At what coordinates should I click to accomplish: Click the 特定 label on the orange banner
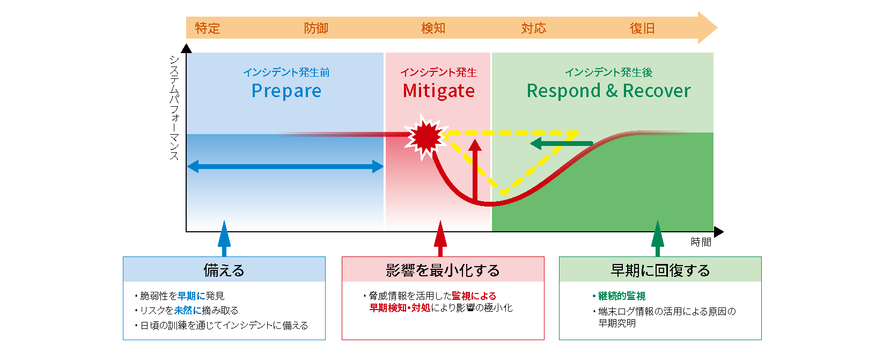(208, 28)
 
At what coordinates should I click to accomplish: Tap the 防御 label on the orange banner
(317, 28)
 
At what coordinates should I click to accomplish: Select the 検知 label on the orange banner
(433, 28)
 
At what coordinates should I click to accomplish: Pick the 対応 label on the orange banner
(534, 28)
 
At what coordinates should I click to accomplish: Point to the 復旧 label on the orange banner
(642, 28)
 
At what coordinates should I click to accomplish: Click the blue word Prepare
(286, 91)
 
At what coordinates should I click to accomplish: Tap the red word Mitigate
(439, 91)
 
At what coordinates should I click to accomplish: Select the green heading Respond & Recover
(609, 91)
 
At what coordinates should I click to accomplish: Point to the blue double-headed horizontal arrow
(285, 166)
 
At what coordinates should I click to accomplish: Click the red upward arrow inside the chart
(475, 170)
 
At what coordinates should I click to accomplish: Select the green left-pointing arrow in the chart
(562, 143)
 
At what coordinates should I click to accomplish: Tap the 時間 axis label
(701, 242)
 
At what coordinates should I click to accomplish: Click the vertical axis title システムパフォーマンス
(174, 108)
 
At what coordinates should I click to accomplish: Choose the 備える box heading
(224, 270)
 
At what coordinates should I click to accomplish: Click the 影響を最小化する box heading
(443, 270)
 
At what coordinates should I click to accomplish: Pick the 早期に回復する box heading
(660, 270)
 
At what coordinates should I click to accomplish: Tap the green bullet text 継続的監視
(621, 296)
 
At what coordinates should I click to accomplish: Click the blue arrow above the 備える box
(224, 238)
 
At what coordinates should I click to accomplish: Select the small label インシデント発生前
(286, 72)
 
